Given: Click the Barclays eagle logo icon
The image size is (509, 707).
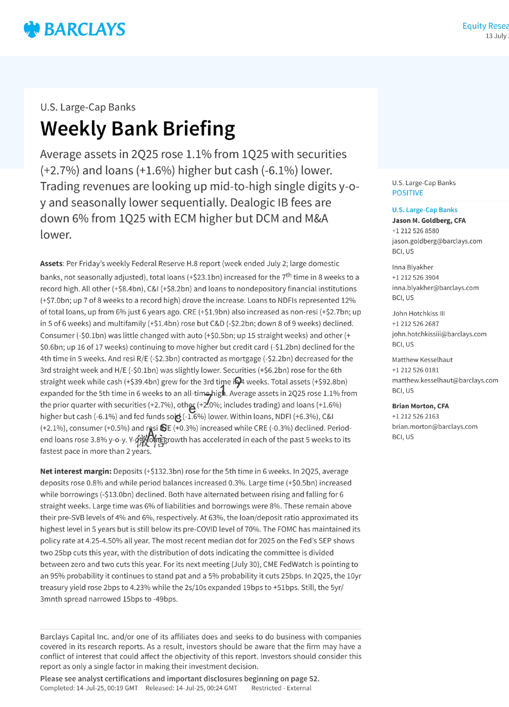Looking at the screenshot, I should pyautogui.click(x=32, y=29).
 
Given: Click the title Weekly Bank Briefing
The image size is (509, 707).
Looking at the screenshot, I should pyautogui.click(x=138, y=129).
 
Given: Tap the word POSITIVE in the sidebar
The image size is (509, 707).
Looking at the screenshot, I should pyautogui.click(x=407, y=193).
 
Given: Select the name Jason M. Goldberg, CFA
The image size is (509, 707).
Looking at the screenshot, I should pyautogui.click(x=429, y=221).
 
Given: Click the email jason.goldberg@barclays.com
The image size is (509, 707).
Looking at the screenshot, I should pyautogui.click(x=437, y=241).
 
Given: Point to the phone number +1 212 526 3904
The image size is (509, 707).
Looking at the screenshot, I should pyautogui.click(x=415, y=278).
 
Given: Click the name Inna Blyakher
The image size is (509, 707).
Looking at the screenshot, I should pyautogui.click(x=413, y=267).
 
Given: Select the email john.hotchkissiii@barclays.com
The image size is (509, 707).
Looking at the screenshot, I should pyautogui.click(x=439, y=334).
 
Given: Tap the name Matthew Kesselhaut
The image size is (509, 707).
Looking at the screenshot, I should pyautogui.click(x=422, y=360).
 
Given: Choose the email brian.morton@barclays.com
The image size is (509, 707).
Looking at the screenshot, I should pyautogui.click(x=434, y=427).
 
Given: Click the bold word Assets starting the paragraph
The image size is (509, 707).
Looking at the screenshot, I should pyautogui.click(x=51, y=264).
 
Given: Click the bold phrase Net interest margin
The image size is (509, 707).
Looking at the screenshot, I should pyautogui.click(x=76, y=471).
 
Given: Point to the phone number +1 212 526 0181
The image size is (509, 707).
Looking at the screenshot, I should pyautogui.click(x=415, y=370).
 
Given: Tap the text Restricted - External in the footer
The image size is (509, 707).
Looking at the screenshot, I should pyautogui.click(x=281, y=688).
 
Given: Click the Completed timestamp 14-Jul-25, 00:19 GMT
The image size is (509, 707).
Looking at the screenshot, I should pyautogui.click(x=107, y=688).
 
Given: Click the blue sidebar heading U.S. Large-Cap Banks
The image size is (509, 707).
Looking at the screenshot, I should pyautogui.click(x=425, y=210).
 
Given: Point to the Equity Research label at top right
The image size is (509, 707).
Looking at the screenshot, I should pyautogui.click(x=485, y=26).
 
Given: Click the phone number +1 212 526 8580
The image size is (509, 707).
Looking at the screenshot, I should pyautogui.click(x=415, y=231).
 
